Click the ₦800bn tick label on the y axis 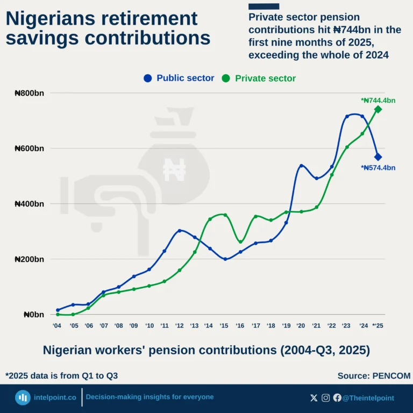pyautogui.click(x=29, y=93)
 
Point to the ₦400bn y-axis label pyautogui.click(x=29, y=204)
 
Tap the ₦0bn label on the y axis pyautogui.click(x=33, y=315)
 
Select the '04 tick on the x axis pyautogui.click(x=57, y=325)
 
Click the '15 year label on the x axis pyautogui.click(x=225, y=325)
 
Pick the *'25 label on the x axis pyautogui.click(x=378, y=325)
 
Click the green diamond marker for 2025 pyautogui.click(x=378, y=109)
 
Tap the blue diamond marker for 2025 pyautogui.click(x=378, y=156)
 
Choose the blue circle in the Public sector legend pyautogui.click(x=148, y=79)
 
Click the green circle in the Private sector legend pyautogui.click(x=226, y=79)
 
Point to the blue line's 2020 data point pyautogui.click(x=301, y=166)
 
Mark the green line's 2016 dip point pyautogui.click(x=240, y=241)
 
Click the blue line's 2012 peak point pyautogui.click(x=180, y=231)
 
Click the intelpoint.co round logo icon pyautogui.click(x=23, y=398)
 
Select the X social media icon pyautogui.click(x=314, y=398)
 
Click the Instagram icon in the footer pyautogui.click(x=326, y=398)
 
